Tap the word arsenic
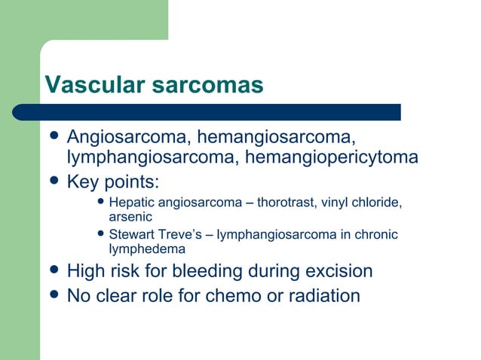coord(130,217)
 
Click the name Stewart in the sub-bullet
coord(133,234)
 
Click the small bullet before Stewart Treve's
coord(102,234)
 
